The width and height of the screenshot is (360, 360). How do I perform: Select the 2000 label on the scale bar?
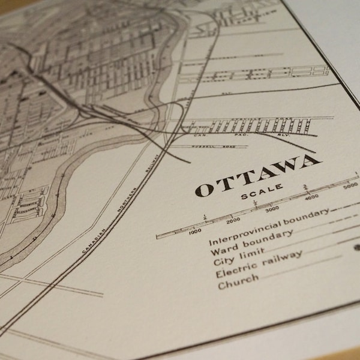coord(233,219)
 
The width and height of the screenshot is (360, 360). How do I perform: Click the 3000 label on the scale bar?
coord(272,209)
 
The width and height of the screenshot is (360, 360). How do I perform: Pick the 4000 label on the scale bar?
coord(311,197)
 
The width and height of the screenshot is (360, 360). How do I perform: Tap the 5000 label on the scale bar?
coord(350,187)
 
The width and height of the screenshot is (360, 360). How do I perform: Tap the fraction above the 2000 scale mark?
coord(205,217)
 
